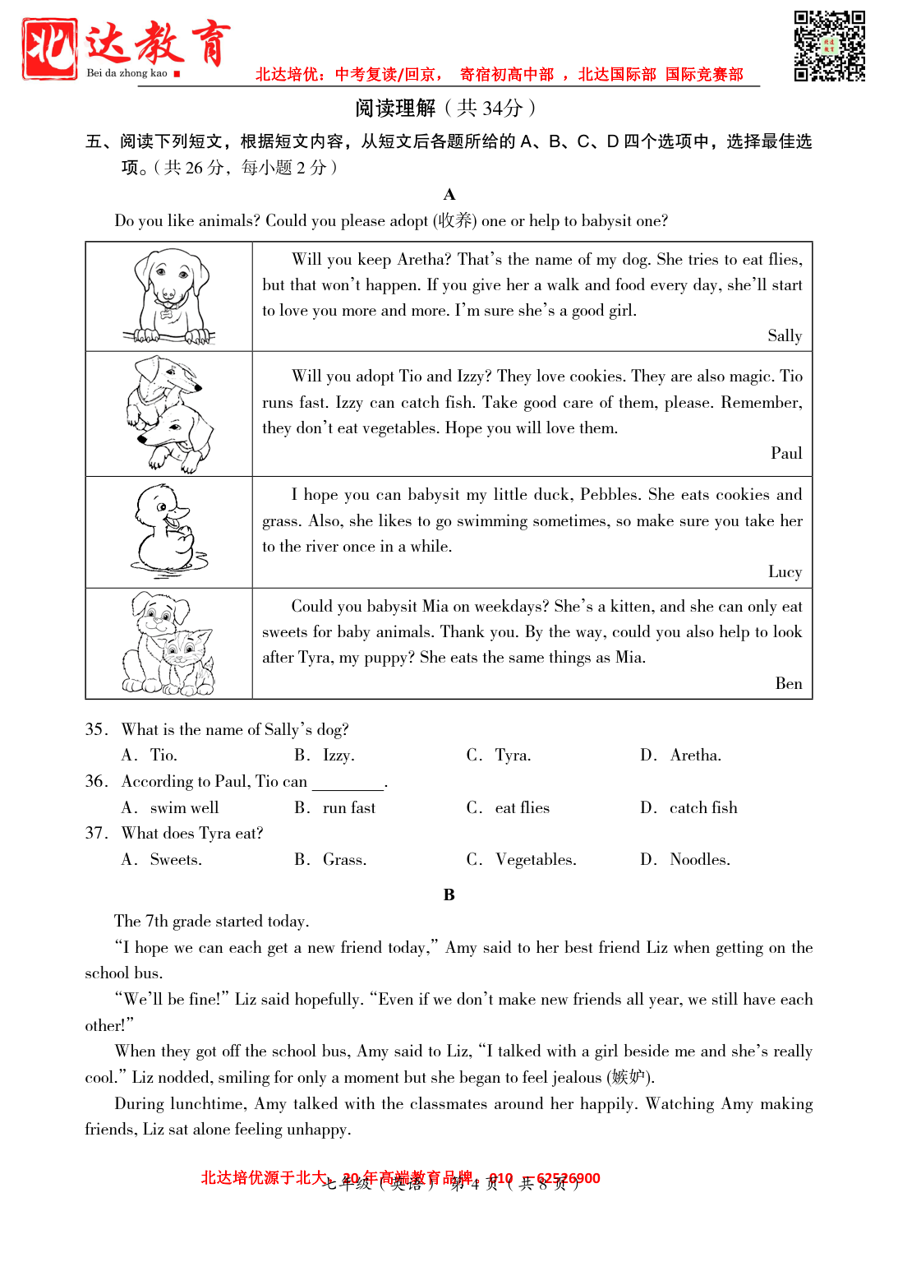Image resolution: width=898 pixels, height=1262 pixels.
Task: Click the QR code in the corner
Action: (829, 46)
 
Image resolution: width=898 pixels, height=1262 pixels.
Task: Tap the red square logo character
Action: (50, 49)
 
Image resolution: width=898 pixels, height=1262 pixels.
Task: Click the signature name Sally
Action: (784, 335)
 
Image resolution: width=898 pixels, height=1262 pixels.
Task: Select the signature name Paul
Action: (785, 453)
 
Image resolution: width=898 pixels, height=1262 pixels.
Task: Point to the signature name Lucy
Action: (785, 571)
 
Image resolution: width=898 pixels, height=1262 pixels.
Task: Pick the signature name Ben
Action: (788, 683)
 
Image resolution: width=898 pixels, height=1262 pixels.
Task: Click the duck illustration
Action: (168, 531)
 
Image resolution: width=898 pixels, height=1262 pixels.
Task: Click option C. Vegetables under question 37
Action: (535, 859)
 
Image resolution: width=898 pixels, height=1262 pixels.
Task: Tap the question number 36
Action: (95, 781)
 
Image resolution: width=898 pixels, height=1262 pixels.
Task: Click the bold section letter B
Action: (449, 894)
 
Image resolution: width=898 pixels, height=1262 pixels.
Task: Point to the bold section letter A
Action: (449, 195)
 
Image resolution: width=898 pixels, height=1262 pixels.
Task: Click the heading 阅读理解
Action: (395, 108)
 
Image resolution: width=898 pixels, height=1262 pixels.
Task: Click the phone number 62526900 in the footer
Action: (568, 1178)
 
